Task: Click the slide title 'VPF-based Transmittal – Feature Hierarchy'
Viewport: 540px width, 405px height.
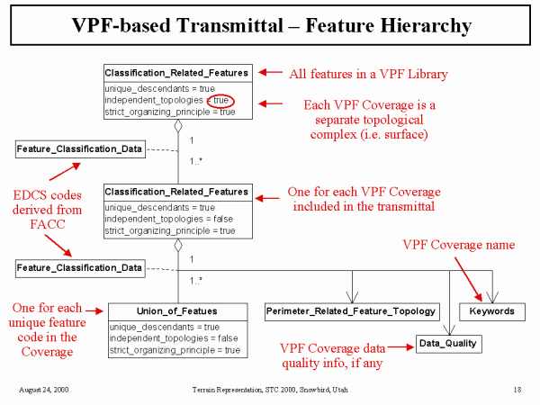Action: click(270, 25)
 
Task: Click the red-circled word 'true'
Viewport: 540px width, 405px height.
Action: click(222, 101)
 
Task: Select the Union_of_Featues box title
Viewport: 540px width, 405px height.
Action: click(175, 310)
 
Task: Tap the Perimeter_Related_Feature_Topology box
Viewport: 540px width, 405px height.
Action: click(351, 311)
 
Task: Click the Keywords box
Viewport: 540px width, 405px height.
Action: click(492, 311)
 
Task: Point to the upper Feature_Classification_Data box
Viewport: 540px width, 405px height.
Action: click(79, 148)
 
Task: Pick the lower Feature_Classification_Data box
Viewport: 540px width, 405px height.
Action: click(79, 267)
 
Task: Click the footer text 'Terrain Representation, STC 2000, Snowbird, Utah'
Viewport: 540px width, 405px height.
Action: click(269, 389)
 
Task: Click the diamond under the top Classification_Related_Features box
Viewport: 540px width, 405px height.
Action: click(178, 125)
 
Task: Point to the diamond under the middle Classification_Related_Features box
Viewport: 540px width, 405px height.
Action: click(178, 244)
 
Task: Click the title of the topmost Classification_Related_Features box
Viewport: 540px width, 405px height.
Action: click(175, 72)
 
